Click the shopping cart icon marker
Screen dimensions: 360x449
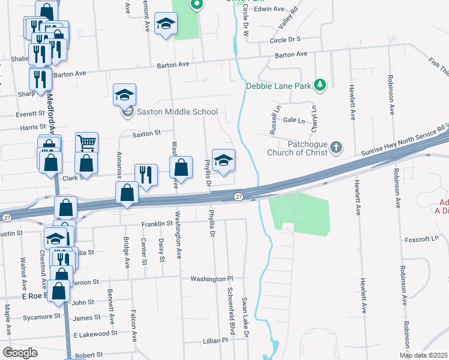click(x=86, y=143)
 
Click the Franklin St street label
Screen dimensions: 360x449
click(x=157, y=224)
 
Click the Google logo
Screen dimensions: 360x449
click(x=20, y=353)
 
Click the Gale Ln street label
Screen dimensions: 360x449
click(x=294, y=120)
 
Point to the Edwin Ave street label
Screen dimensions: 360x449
click(x=269, y=9)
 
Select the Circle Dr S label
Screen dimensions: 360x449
click(x=285, y=40)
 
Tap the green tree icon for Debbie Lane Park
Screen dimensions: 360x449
click(x=321, y=85)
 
